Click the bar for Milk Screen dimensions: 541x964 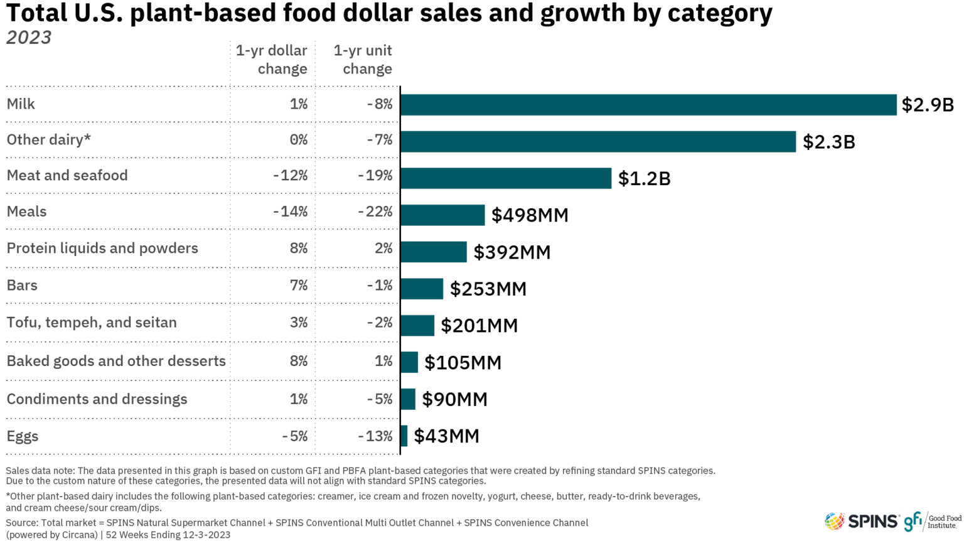click(648, 105)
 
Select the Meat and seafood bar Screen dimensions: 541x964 click(506, 178)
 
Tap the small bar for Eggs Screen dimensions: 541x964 click(404, 436)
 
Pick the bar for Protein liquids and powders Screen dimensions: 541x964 click(434, 252)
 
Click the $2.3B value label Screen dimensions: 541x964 click(828, 142)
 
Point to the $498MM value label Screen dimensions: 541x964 click(530, 215)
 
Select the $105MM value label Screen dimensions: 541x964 click(463, 362)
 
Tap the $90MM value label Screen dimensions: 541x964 click(454, 399)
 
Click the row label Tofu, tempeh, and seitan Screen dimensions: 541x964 click(92, 323)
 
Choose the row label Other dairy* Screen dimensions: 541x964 click(49, 139)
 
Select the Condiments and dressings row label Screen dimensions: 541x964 click(97, 399)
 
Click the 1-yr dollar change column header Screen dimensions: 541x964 click(272, 60)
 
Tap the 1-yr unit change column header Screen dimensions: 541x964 click(363, 60)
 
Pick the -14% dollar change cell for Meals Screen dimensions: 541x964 click(290, 212)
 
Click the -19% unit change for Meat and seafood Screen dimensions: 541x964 click(375, 175)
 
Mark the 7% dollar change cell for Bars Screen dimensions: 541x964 click(299, 286)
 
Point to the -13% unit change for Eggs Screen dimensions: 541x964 click(375, 436)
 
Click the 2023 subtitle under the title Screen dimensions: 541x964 click(29, 38)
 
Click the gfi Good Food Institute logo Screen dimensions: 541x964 click(932, 521)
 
